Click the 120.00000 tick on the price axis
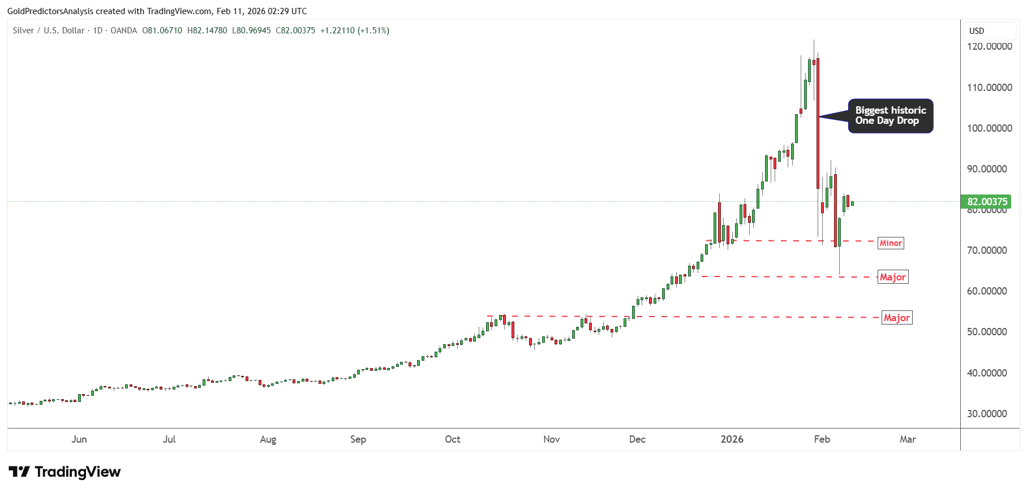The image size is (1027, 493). coord(989,46)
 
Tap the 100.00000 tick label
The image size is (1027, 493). coord(989,128)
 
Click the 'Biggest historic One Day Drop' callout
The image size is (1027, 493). coord(890,116)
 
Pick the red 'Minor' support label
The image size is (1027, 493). coord(891,243)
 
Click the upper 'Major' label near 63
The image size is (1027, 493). coord(893,277)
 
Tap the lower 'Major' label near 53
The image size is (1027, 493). coord(897,318)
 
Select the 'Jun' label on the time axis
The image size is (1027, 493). coord(79,439)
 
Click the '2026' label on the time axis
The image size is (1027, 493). coord(732,439)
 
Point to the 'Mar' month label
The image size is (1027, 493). coord(908,439)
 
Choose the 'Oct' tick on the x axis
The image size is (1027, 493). coord(453,439)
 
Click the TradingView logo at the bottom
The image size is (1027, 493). coord(65,472)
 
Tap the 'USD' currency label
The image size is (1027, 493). coord(977,31)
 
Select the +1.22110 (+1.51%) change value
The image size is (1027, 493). coord(355,31)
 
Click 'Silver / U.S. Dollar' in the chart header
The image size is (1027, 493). coord(49,31)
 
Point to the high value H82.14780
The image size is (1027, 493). coord(207,31)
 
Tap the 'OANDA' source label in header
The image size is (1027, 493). coord(123,31)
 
